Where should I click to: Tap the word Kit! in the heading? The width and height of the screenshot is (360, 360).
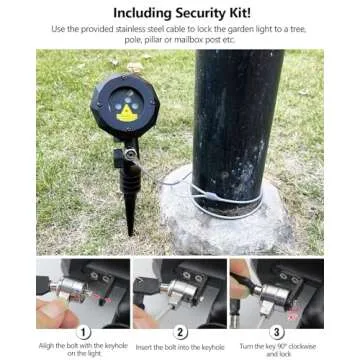click(x=249, y=12)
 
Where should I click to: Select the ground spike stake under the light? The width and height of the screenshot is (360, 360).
click(x=130, y=200)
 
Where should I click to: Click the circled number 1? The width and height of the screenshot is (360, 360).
click(x=84, y=329)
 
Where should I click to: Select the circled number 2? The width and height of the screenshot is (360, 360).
click(x=180, y=329)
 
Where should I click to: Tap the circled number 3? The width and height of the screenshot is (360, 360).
click(x=276, y=329)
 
